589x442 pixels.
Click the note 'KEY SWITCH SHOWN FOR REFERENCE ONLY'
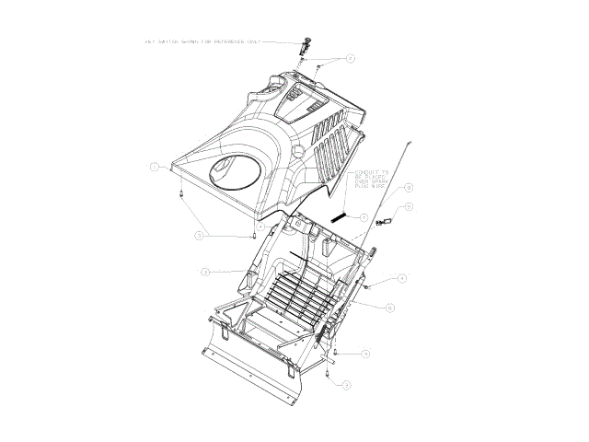tap(203, 41)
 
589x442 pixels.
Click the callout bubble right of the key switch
tap(351, 58)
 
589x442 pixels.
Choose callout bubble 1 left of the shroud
tap(156, 167)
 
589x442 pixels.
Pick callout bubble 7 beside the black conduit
tap(364, 217)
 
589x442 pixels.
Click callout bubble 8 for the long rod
tap(407, 188)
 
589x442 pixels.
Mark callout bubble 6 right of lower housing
tap(389, 308)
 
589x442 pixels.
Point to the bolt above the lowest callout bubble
tap(329, 372)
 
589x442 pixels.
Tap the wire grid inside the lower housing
tap(294, 295)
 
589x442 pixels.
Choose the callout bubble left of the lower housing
tap(206, 272)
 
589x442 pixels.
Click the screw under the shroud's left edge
tap(181, 194)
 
